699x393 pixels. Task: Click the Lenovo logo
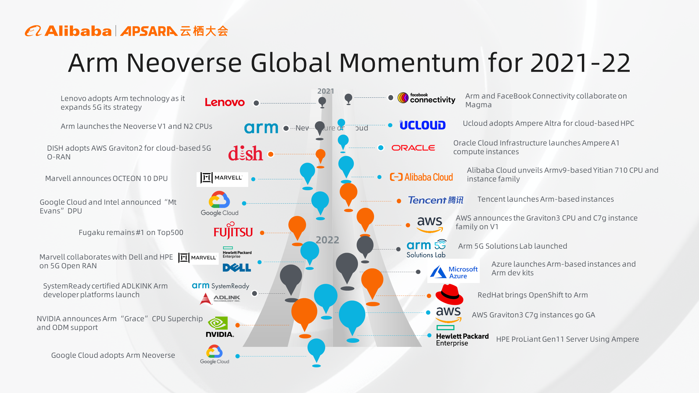(225, 102)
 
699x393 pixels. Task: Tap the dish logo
(245, 153)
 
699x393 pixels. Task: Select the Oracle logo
(413, 148)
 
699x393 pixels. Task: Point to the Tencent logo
(436, 200)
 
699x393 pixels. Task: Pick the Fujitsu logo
(233, 231)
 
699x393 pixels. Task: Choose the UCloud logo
(422, 125)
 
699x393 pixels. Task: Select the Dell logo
(237, 268)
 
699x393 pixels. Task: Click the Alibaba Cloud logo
(421, 177)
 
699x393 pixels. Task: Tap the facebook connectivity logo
(426, 98)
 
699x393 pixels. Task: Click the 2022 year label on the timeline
(327, 240)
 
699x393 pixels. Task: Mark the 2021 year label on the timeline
(326, 91)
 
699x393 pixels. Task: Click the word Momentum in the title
(409, 63)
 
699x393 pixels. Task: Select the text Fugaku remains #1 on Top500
(131, 233)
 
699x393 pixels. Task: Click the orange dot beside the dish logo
(271, 154)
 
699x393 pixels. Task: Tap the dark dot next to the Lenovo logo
(256, 103)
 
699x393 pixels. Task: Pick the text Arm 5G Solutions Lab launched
(513, 246)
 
